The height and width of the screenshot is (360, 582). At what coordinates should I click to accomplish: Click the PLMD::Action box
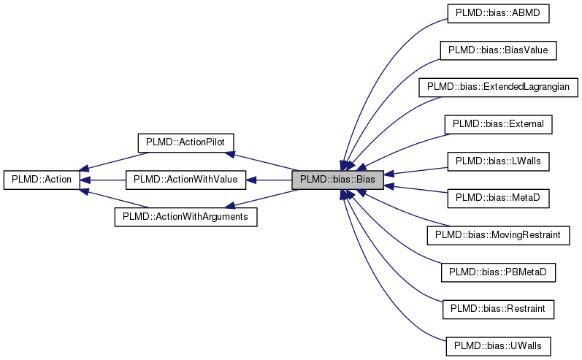[41, 180]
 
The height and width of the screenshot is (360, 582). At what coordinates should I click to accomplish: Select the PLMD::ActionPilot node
[185, 142]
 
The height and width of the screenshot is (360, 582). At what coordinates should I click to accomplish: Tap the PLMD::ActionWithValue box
[185, 180]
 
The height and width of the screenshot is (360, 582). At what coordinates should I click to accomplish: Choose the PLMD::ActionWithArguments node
[185, 217]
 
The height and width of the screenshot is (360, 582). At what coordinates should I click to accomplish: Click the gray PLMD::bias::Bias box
[337, 180]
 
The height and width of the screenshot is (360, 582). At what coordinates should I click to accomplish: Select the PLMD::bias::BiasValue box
[498, 50]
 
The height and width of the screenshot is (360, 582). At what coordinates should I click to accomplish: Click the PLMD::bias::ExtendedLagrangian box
[498, 87]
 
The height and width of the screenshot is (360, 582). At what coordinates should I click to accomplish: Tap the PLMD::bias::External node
[498, 124]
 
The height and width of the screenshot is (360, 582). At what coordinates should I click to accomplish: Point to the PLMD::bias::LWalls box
[498, 161]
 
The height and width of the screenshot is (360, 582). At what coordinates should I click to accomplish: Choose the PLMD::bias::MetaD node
[498, 198]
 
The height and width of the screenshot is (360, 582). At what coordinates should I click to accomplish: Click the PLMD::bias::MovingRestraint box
[498, 235]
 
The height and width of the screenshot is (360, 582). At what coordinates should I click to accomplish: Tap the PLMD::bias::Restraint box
[498, 309]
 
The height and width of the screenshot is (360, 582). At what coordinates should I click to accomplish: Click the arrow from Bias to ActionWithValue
[270, 180]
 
